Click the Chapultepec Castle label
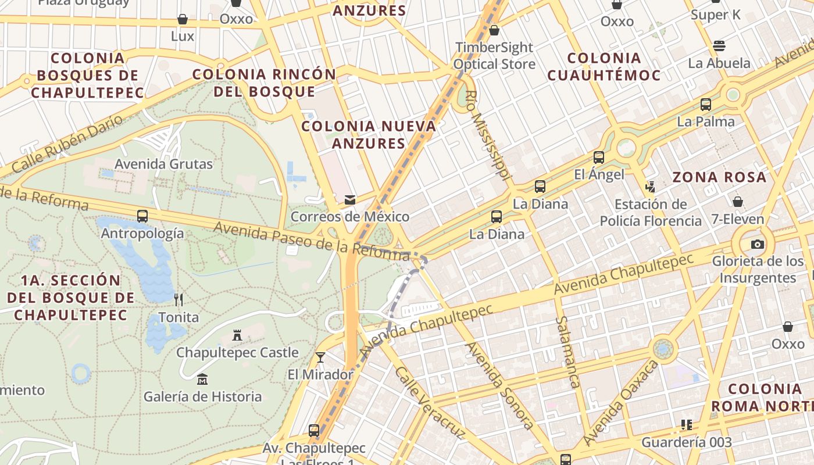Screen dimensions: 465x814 237,353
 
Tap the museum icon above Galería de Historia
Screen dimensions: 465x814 202,379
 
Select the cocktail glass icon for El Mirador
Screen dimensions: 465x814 320,357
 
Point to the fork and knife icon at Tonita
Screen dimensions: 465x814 178,300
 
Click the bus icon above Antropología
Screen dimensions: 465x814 142,216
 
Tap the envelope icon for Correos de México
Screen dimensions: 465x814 350,200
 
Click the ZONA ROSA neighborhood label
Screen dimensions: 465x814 719,177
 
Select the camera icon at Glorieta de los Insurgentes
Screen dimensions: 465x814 757,244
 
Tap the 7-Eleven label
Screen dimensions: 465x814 737,220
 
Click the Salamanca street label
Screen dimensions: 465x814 567,352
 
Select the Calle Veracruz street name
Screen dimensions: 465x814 430,402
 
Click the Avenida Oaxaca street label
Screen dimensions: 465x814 622,402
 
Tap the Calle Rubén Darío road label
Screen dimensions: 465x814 67,144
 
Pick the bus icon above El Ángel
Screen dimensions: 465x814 598,158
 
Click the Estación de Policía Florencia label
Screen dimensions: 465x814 651,213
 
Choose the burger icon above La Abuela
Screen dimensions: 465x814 719,46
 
